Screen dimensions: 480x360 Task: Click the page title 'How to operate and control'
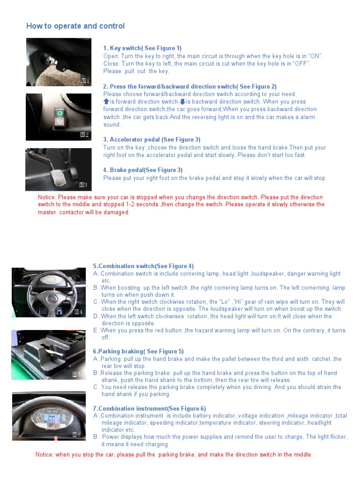pos(75,26)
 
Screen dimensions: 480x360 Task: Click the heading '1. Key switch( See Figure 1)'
pos(142,48)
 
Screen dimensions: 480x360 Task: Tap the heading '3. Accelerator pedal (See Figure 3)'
pos(151,140)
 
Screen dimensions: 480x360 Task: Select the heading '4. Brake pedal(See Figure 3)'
pos(142,170)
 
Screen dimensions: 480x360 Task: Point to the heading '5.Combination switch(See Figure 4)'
pos(143,266)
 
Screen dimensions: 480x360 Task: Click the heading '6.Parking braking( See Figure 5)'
pos(138,352)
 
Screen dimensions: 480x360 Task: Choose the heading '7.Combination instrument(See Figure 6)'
pos(149,409)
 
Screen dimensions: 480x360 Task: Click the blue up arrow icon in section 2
pos(106,102)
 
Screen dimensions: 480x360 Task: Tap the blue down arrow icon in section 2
pos(182,102)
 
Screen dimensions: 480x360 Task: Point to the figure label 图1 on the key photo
pos(85,81)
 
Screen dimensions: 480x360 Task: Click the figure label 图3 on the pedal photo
pos(83,185)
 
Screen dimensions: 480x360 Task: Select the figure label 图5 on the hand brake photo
pos(76,374)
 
